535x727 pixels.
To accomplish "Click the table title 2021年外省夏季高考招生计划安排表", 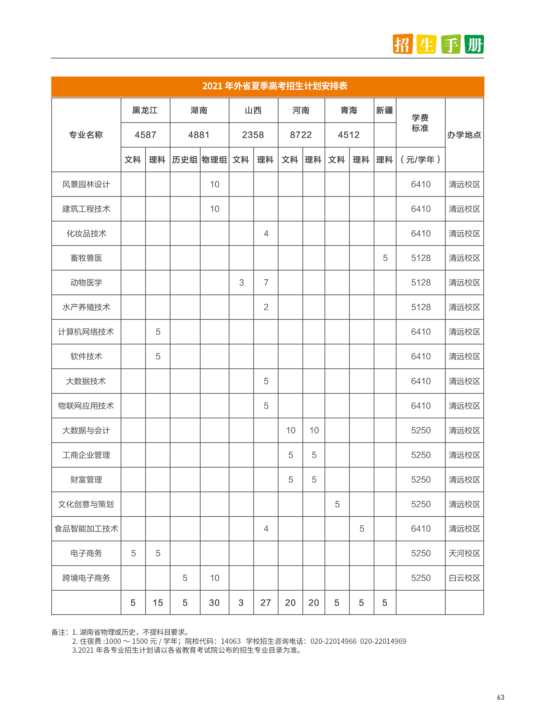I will tap(275, 86).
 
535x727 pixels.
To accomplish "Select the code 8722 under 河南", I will tap(301, 135).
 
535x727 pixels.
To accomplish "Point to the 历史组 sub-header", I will tap(185, 160).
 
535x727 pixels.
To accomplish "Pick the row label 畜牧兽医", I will tap(86, 258).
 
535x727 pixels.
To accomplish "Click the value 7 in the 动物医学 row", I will tap(266, 283).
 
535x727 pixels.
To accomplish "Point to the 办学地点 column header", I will tap(464, 135).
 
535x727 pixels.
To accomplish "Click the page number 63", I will tap(500, 697).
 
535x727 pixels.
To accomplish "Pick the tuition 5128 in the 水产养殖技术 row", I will tap(421, 307).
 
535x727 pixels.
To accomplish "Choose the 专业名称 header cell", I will tap(86, 135).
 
